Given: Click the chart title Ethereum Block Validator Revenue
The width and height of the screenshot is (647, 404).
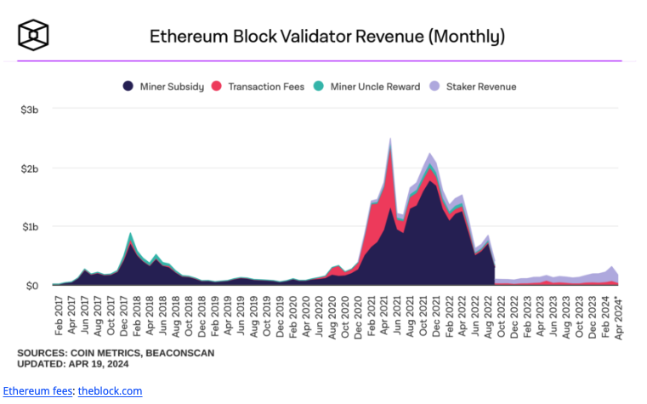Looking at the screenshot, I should pyautogui.click(x=327, y=36).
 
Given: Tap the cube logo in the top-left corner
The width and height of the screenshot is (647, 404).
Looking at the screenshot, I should pyautogui.click(x=33, y=35).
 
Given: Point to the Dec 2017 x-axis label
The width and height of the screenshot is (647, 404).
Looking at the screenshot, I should pyautogui.click(x=125, y=316).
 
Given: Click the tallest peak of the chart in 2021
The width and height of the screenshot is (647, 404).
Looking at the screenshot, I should pyautogui.click(x=390, y=139).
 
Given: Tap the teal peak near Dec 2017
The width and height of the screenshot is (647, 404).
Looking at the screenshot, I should pyautogui.click(x=130, y=234).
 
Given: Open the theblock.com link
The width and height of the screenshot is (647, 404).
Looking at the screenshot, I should pyautogui.click(x=110, y=390).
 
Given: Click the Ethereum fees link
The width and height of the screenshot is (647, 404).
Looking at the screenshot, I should pyautogui.click(x=38, y=390).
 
